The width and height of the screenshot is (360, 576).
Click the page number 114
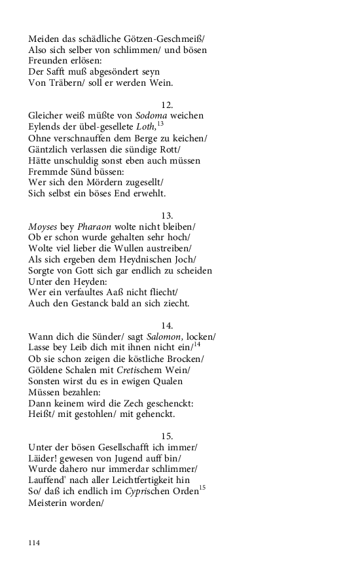pyautogui.click(x=33, y=543)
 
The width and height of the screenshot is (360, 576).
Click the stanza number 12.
pyautogui.click(x=167, y=105)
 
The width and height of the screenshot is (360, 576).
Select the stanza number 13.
pyautogui.click(x=167, y=215)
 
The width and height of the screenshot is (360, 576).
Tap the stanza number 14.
pyautogui.click(x=167, y=325)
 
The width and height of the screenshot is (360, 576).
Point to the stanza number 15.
pyautogui.click(x=167, y=436)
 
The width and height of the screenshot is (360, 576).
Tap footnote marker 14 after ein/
pyautogui.click(x=196, y=344)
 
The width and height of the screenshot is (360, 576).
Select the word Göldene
pyautogui.click(x=47, y=370)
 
